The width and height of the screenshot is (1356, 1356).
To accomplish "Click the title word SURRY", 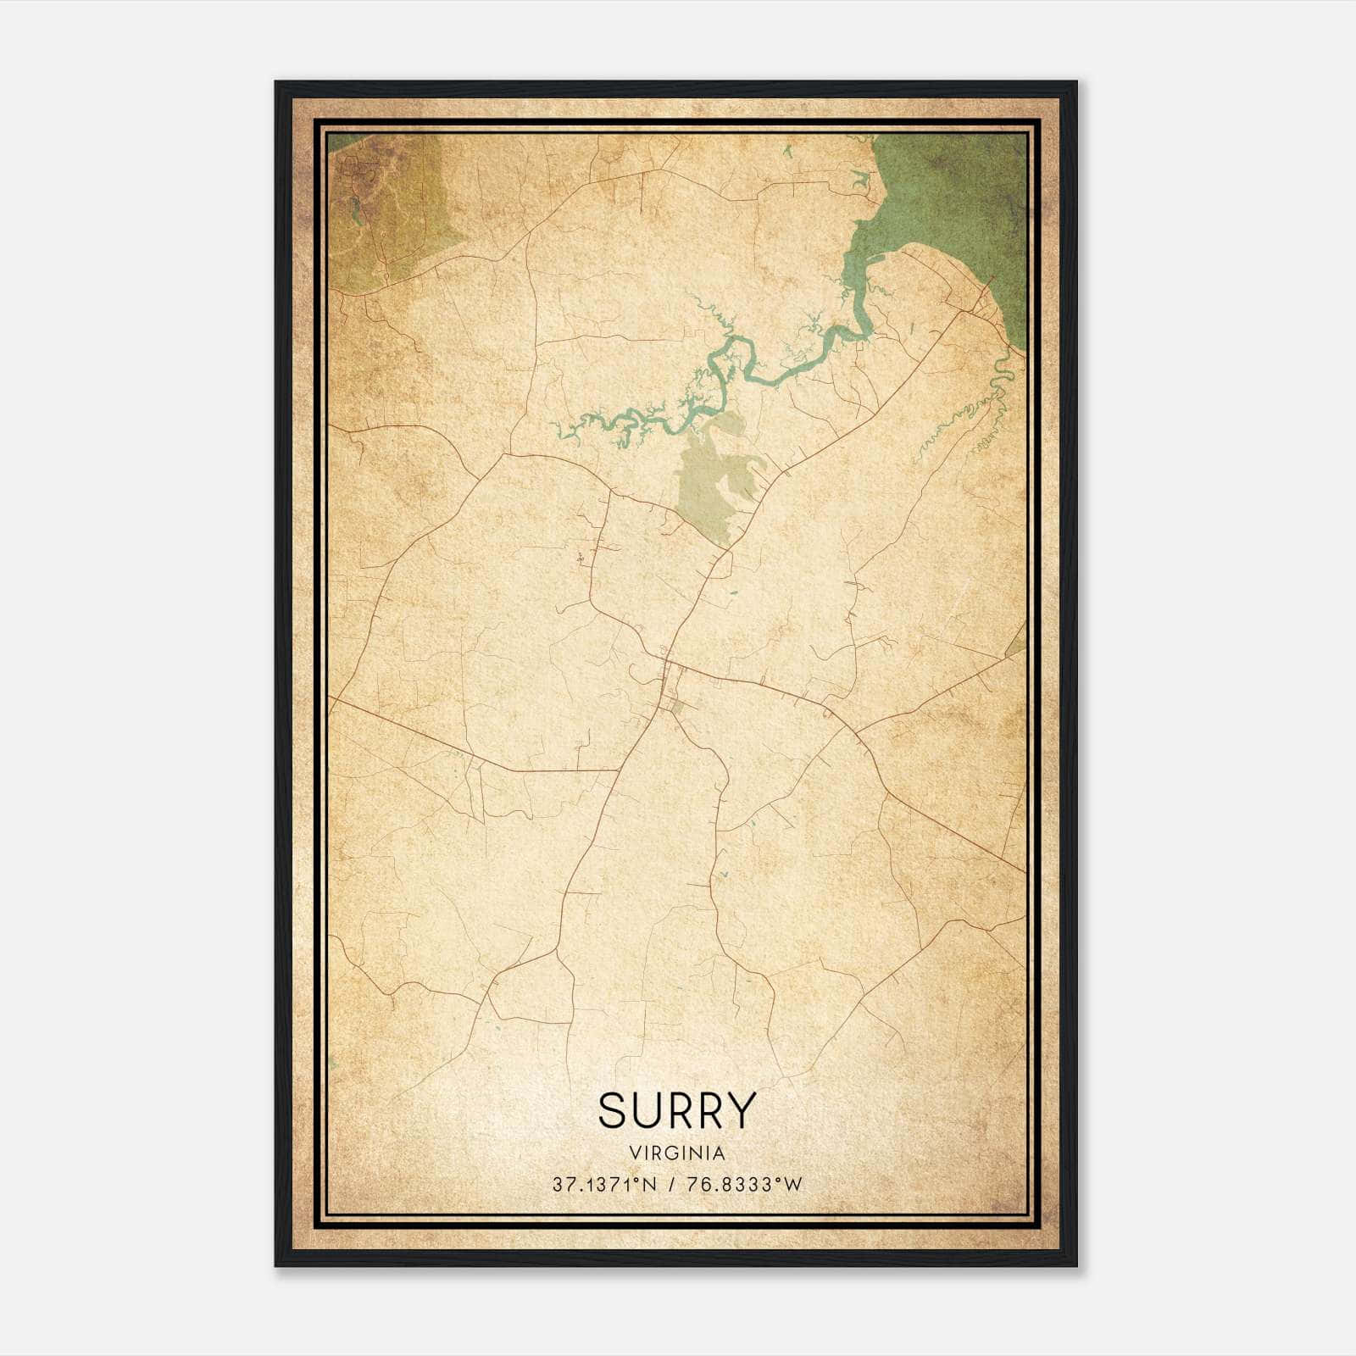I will (x=675, y=1111).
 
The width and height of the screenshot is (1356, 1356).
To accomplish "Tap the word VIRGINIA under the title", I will (x=675, y=1153).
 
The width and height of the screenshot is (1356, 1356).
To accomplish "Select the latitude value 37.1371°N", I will (x=603, y=1185).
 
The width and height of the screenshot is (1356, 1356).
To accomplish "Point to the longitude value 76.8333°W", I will (x=742, y=1185).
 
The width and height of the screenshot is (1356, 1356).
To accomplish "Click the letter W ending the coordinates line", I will (x=792, y=1185).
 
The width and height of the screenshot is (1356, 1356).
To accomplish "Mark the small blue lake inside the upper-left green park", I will (x=356, y=210).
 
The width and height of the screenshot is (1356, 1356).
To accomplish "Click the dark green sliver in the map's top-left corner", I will (x=339, y=140).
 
